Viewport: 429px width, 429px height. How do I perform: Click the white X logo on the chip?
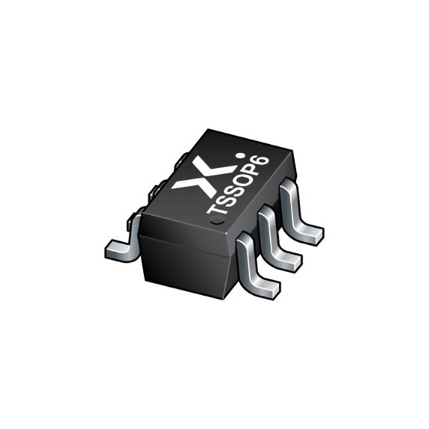click(x=204, y=177)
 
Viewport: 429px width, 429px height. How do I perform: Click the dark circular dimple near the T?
click(x=218, y=219)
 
